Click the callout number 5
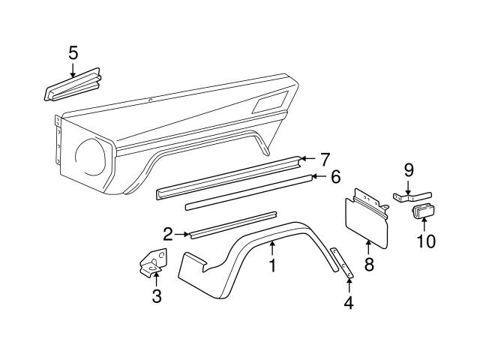click(x=73, y=53)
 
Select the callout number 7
click(x=325, y=160)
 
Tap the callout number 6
click(x=336, y=177)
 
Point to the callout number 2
click(x=168, y=234)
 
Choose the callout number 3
click(x=157, y=296)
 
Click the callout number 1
click(x=272, y=265)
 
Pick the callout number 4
click(x=349, y=303)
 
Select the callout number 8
click(x=369, y=264)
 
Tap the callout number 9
click(x=409, y=170)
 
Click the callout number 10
click(x=427, y=241)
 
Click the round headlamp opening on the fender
click(x=91, y=157)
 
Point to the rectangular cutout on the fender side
click(x=270, y=102)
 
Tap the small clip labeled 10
click(x=423, y=211)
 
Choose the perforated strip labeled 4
click(x=342, y=262)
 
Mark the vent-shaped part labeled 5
click(x=73, y=85)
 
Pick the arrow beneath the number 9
click(x=409, y=187)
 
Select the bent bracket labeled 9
click(x=412, y=196)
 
